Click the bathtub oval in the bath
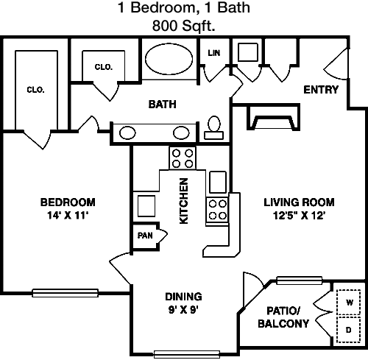click(x=169, y=59)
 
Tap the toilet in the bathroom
click(x=214, y=128)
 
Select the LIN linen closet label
click(x=214, y=53)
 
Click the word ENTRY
click(x=321, y=90)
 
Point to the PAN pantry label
click(x=145, y=236)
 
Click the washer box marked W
click(x=349, y=303)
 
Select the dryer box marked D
click(x=349, y=329)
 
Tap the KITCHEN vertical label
click(x=184, y=201)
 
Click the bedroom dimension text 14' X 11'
click(x=68, y=216)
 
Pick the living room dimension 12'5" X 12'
click(x=299, y=216)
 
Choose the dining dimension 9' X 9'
click(x=183, y=310)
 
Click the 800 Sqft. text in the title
click(x=183, y=25)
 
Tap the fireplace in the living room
click(x=273, y=117)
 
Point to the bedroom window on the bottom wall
click(x=66, y=293)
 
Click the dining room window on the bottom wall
click(x=186, y=354)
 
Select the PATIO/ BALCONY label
click(x=283, y=317)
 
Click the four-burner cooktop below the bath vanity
click(x=183, y=158)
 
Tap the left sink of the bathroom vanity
click(x=127, y=133)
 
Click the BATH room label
click(x=163, y=105)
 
